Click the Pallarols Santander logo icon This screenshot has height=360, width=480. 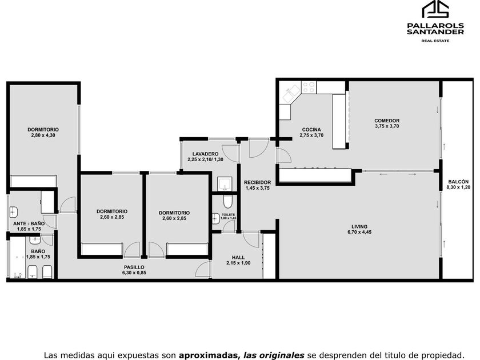[435, 9]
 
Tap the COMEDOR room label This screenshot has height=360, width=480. [387, 121]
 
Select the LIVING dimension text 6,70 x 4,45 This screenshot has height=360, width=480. [359, 232]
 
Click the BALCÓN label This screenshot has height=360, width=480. [458, 182]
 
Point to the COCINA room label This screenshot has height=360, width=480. [311, 130]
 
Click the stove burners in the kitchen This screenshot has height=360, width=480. [309, 87]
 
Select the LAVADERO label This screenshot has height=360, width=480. [205, 154]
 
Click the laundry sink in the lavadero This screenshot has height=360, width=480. [225, 183]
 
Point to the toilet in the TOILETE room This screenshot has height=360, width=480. [227, 201]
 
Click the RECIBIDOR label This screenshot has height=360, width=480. [258, 182]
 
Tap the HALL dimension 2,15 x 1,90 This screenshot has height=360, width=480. [238, 263]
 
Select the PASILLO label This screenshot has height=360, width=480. [134, 267]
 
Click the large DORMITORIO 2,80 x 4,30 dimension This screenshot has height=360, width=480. [43, 135]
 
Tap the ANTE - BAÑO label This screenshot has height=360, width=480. [29, 223]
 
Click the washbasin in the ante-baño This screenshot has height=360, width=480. [14, 212]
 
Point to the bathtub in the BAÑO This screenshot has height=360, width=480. [17, 257]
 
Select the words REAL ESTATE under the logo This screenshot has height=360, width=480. [435, 41]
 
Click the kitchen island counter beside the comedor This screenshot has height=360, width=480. [339, 122]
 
